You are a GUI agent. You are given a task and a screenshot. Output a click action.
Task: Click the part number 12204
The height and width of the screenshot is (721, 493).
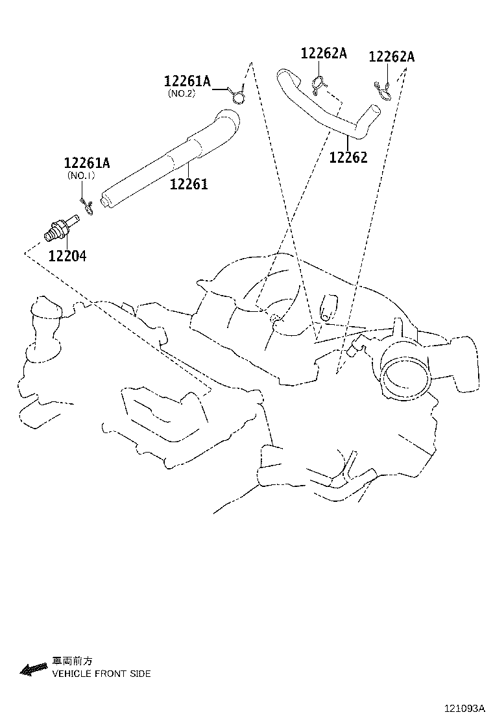pos(67,255)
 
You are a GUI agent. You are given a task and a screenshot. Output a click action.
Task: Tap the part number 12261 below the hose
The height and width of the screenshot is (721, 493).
pos(189,184)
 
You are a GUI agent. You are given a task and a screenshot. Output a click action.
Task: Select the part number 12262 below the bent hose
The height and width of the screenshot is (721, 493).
pos(348,157)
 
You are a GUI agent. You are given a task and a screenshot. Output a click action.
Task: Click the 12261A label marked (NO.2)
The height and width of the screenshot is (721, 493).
pos(187,81)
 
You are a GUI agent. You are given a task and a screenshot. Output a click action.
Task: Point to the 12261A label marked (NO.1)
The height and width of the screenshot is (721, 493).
pos(86,163)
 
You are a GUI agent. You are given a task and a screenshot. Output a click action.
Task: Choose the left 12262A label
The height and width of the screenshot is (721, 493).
pos(324,53)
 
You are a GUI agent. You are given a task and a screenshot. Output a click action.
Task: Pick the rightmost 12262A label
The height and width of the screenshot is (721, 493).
pos(391,56)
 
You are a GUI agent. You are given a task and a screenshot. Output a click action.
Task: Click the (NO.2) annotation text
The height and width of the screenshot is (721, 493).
pos(182,93)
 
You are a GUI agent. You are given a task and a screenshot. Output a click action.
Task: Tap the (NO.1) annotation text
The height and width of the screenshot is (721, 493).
pos(81,175)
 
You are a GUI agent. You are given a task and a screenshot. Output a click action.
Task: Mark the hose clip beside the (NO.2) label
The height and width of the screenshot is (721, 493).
pos(238,95)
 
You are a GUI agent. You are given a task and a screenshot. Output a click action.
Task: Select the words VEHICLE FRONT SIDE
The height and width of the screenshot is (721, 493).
pos(102,674)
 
